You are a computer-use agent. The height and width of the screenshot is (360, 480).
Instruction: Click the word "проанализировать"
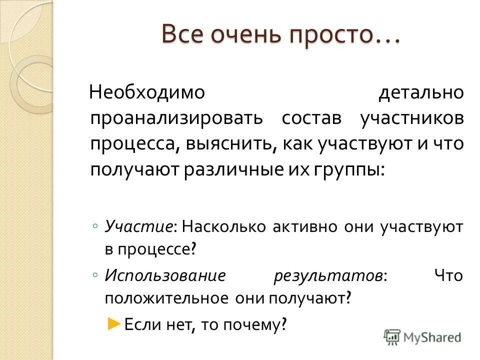pyautogui.click(x=177, y=118)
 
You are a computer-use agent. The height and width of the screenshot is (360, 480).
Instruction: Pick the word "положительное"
pyautogui.click(x=165, y=298)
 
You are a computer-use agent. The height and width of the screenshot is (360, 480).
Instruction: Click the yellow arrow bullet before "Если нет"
pyautogui.click(x=114, y=323)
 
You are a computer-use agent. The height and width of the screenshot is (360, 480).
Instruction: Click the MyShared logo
pyautogui.click(x=423, y=337)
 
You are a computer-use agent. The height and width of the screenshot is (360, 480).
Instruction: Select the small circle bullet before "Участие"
pyautogui.click(x=95, y=226)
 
